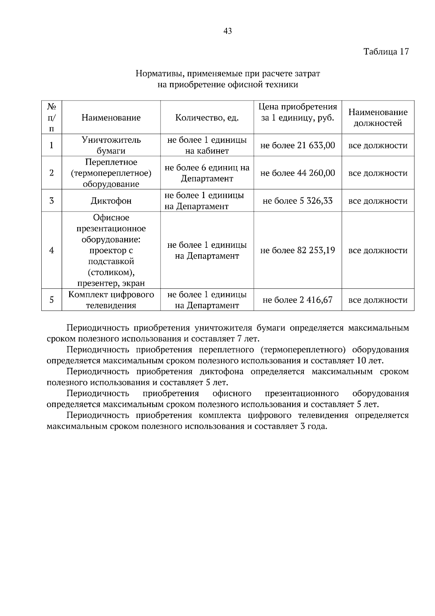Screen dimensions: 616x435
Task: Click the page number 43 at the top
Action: (x=228, y=31)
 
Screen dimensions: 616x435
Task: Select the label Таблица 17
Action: (x=386, y=52)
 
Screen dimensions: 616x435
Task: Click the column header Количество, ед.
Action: (x=207, y=118)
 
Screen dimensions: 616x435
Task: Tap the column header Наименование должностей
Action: (x=378, y=118)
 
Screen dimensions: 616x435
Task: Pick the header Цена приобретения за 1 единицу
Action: (x=298, y=112)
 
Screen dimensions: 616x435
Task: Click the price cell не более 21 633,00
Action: (x=298, y=145)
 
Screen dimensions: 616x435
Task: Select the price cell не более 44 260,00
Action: (x=298, y=173)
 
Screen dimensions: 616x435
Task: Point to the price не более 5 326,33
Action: (x=298, y=201)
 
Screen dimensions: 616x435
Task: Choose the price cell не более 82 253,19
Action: (x=298, y=250)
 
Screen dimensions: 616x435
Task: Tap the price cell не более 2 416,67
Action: (x=298, y=300)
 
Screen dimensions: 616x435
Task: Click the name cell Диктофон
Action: (x=111, y=201)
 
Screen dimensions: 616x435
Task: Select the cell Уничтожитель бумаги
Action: (x=111, y=145)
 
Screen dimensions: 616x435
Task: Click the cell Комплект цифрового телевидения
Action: (x=111, y=300)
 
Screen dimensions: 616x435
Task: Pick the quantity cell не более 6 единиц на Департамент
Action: (x=207, y=173)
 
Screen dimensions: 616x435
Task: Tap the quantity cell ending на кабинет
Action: (x=207, y=145)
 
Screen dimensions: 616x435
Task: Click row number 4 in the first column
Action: (x=51, y=250)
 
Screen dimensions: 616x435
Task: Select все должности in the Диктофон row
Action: (x=378, y=201)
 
